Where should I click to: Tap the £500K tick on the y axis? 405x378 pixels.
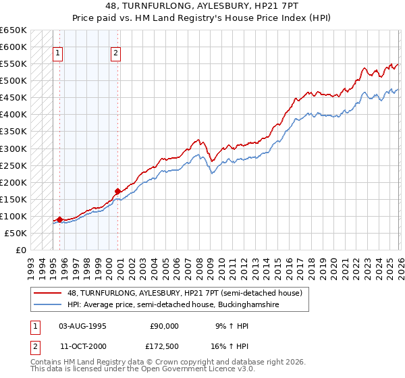point(13,81)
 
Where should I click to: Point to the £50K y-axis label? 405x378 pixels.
point(16,233)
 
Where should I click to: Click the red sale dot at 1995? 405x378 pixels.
point(59,219)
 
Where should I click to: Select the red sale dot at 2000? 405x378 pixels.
point(117,191)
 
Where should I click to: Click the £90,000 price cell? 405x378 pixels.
point(162,325)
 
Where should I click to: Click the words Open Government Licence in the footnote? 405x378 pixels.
point(137,371)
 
